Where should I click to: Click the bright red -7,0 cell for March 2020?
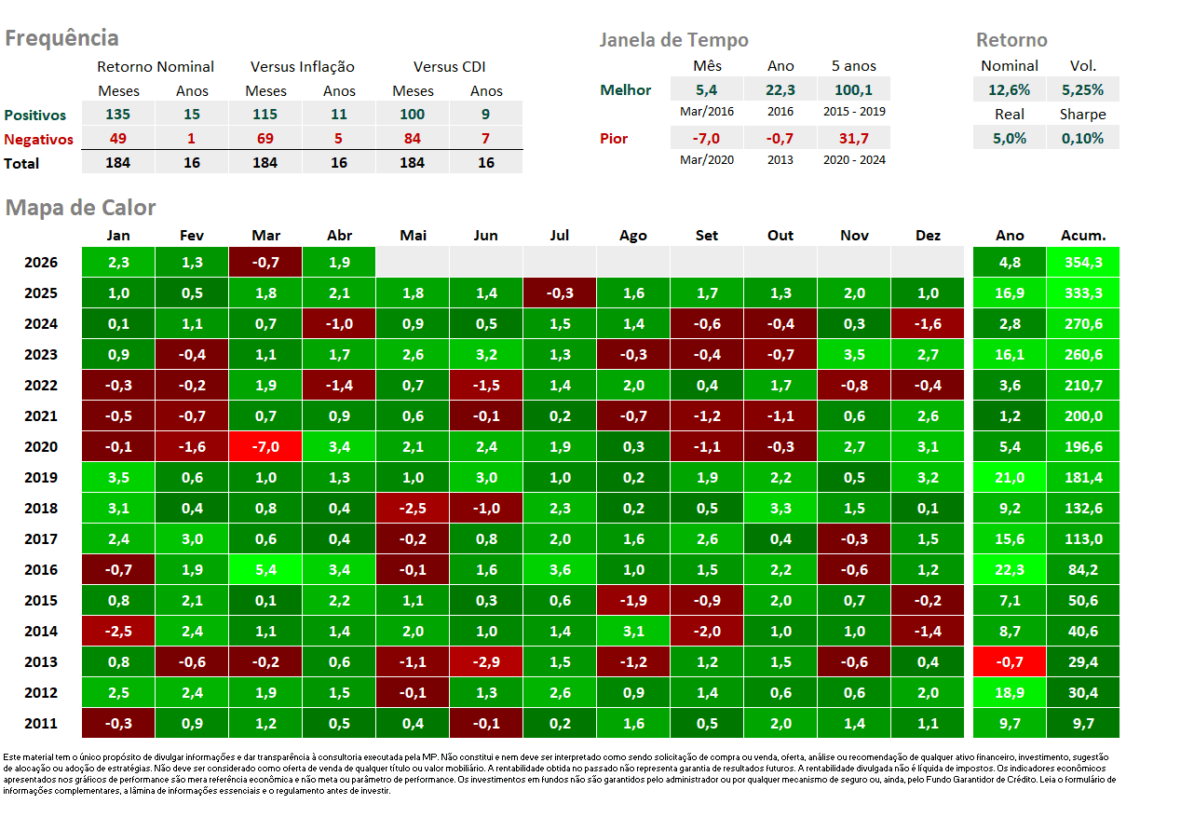point(265,446)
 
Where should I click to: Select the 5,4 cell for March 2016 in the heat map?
point(265,569)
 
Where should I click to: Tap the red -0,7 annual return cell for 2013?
point(1010,661)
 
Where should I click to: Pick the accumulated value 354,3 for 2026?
point(1083,262)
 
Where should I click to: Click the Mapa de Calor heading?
point(80,208)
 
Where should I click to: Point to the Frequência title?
point(61,38)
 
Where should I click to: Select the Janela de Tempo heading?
point(673,40)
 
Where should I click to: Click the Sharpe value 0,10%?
point(1082,139)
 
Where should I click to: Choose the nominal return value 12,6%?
point(1009,89)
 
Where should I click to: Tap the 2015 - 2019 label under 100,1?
point(854,112)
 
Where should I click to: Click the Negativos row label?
point(38,139)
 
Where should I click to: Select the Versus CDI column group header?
point(449,67)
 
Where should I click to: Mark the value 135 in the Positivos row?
point(117,115)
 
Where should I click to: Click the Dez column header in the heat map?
point(928,235)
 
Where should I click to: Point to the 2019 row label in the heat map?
point(41,477)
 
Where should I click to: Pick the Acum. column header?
point(1083,235)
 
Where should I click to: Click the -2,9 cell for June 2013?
point(486,661)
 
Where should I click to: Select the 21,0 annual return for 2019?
point(1010,477)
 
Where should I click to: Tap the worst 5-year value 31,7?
point(854,139)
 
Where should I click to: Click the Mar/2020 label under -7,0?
point(707,160)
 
